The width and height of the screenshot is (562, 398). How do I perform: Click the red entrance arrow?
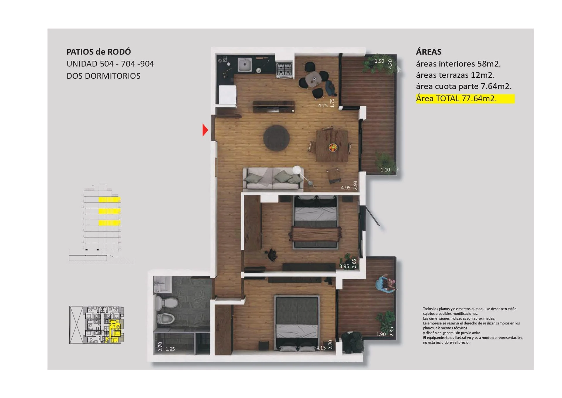[x=205, y=130]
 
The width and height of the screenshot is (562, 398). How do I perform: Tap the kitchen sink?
[x=244, y=65]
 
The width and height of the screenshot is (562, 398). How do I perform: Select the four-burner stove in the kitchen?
[x=285, y=70]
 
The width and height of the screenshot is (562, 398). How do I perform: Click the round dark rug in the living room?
[x=276, y=138]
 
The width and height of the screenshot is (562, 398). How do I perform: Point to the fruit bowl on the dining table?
[x=333, y=147]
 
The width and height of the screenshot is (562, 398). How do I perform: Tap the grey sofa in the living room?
[x=273, y=179]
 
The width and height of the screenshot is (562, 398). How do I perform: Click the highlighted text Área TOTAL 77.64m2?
[x=456, y=98]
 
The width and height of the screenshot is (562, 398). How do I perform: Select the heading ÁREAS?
[x=429, y=52]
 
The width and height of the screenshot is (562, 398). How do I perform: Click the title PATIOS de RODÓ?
[x=99, y=52]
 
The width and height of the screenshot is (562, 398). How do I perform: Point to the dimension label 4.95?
[x=346, y=188]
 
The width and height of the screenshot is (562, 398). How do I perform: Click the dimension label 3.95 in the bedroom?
[x=344, y=266]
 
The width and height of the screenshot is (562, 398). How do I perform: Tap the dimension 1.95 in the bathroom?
[x=170, y=349]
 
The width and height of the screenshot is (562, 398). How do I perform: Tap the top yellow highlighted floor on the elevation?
[x=109, y=200]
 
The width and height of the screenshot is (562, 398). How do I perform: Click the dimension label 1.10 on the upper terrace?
[x=385, y=170]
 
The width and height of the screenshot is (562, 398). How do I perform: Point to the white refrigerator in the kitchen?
[x=228, y=95]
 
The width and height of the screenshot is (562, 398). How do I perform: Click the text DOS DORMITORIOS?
[x=104, y=76]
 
